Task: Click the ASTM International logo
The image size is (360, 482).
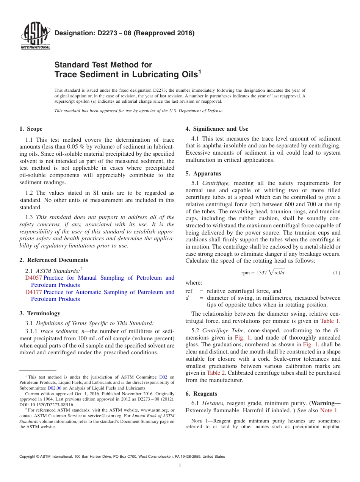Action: tap(35, 36)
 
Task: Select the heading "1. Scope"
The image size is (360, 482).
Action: tap(31, 129)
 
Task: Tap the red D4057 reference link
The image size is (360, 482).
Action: tap(33, 278)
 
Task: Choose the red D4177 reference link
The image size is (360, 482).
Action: tap(33, 292)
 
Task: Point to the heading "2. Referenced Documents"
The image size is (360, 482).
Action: tap(54, 260)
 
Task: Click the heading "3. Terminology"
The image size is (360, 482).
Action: tap(40, 313)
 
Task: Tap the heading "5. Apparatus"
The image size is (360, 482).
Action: tap(203, 174)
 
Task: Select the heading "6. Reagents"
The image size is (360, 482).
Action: tap(201, 394)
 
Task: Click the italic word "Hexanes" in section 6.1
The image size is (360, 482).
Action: tap(213, 403)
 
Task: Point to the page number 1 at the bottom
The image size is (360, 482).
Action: tap(180, 466)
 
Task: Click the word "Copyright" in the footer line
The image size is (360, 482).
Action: tap(28, 457)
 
